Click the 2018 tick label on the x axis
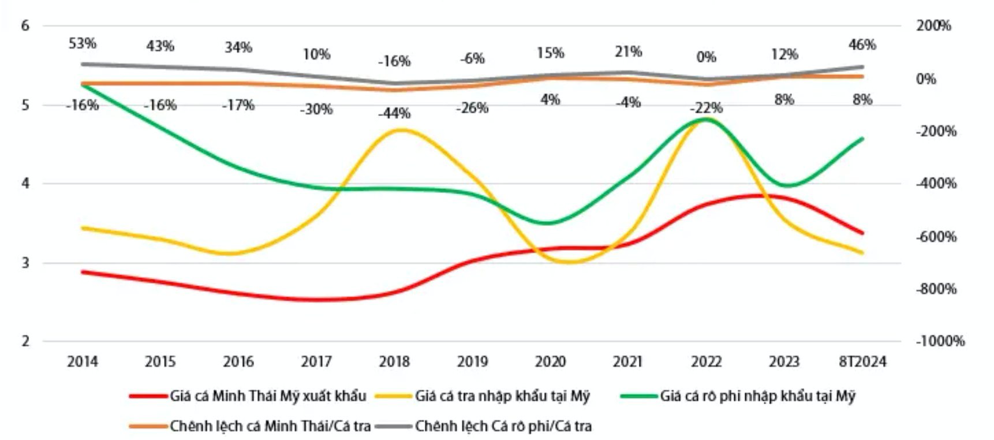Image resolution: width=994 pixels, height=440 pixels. pyautogui.click(x=394, y=362)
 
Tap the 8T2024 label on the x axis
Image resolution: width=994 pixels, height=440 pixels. pyautogui.click(x=862, y=362)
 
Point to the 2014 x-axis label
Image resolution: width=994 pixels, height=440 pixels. pyautogui.click(x=83, y=362)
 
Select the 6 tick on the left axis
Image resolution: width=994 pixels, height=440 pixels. pyautogui.click(x=25, y=26)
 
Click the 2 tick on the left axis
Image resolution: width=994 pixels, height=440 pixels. pyautogui.click(x=25, y=341)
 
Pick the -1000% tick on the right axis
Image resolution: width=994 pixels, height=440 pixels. pyautogui.click(x=940, y=341)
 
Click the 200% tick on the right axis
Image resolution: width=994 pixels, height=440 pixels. pyautogui.click(x=933, y=26)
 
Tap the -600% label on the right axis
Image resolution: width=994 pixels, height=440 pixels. pyautogui.click(x=936, y=237)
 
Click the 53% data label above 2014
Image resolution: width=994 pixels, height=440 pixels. pyautogui.click(x=83, y=44)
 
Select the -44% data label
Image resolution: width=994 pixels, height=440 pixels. pyautogui.click(x=394, y=114)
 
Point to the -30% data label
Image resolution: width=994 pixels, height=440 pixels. pyautogui.click(x=316, y=109)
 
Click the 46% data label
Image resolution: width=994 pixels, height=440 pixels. pyautogui.click(x=862, y=45)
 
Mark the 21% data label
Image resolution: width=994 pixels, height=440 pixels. pyautogui.click(x=628, y=52)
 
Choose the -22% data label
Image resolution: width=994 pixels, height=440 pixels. pyautogui.click(x=707, y=108)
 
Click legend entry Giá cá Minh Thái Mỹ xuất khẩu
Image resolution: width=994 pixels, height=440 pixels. pyautogui.click(x=268, y=396)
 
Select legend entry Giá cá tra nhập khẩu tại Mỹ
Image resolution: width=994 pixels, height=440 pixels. pyautogui.click(x=502, y=396)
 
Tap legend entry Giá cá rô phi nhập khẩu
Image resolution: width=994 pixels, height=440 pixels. pyautogui.click(x=757, y=396)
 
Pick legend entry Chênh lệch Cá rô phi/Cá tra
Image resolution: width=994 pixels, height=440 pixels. pyautogui.click(x=503, y=426)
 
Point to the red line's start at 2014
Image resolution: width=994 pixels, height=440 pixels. pyautogui.click(x=83, y=271)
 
